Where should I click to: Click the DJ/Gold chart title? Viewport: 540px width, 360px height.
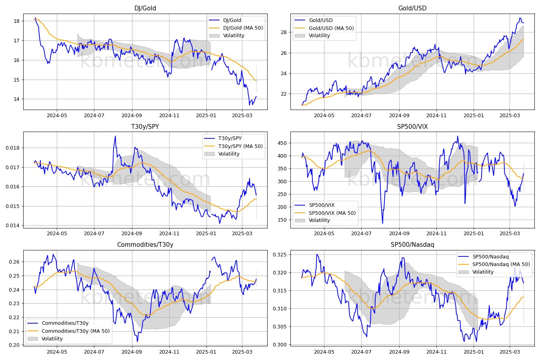[145, 8]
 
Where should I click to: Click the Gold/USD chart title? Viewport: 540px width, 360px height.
[412, 8]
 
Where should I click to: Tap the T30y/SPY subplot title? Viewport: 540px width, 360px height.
[145, 126]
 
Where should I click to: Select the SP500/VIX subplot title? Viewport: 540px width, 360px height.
[412, 126]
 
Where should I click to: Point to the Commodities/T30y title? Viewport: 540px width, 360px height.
[145, 244]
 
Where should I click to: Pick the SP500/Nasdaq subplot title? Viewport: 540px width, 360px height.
[412, 244]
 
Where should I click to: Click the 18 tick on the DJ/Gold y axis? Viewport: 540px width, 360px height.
[17, 21]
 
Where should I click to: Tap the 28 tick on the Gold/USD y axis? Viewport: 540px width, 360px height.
[284, 32]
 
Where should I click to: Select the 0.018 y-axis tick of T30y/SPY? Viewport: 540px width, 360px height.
[13, 148]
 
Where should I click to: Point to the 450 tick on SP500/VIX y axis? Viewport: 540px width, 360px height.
[282, 143]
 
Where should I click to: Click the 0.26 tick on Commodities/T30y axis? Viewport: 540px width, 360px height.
[14, 262]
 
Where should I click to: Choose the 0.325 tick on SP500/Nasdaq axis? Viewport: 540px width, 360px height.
[280, 255]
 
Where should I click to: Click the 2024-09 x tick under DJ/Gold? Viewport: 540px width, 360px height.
[132, 116]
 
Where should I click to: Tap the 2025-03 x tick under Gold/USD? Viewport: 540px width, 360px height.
[510, 116]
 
